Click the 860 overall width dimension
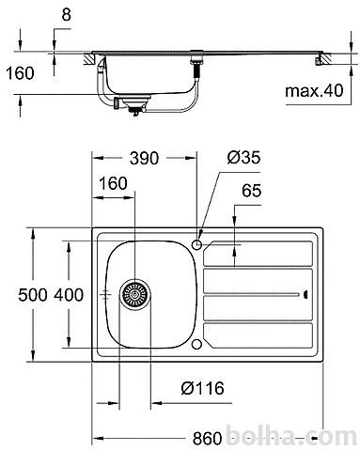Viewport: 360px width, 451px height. click(207, 438)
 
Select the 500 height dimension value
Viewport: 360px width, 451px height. click(33, 295)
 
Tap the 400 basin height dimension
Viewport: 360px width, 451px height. click(69, 295)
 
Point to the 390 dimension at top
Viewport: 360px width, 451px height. click(145, 158)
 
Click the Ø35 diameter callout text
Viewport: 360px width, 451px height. click(243, 157)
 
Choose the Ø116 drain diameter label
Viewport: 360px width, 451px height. click(203, 388)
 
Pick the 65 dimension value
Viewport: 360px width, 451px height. click(251, 191)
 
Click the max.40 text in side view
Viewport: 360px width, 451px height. click(314, 91)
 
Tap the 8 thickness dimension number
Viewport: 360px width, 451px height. click(67, 14)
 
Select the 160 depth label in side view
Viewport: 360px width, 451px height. click(20, 73)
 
